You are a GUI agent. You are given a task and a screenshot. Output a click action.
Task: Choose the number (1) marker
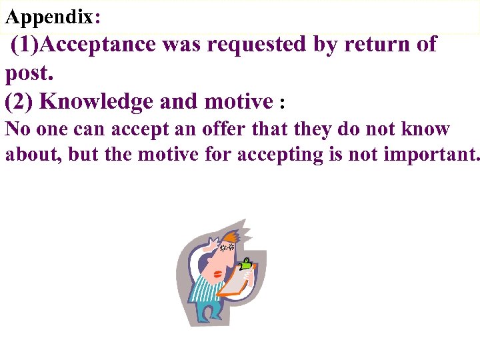click(27, 45)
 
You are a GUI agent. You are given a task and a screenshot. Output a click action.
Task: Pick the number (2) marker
click(19, 101)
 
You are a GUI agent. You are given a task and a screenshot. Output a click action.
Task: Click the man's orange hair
click(232, 237)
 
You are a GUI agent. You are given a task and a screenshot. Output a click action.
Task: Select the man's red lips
click(219, 273)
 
